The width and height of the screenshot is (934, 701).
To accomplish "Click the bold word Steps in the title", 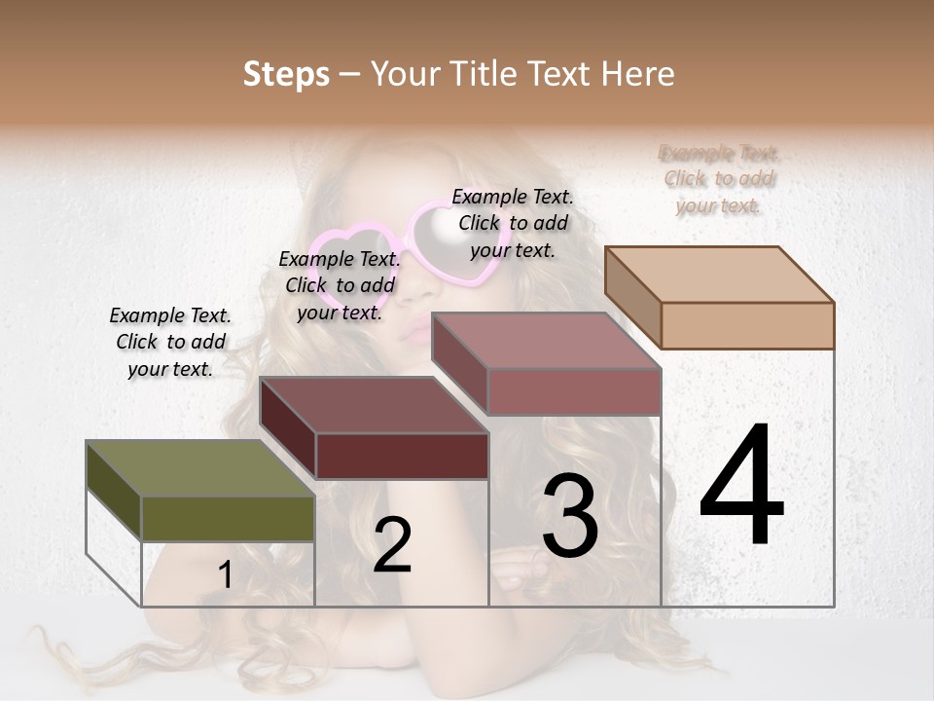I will pyautogui.click(x=286, y=74).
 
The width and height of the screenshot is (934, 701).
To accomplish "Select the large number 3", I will pyautogui.click(x=569, y=516).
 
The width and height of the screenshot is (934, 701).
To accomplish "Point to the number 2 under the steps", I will pyautogui.click(x=392, y=545).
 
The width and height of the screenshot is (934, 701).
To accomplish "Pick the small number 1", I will pyautogui.click(x=226, y=574).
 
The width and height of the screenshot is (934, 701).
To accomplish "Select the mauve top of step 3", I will pyautogui.click(x=546, y=341).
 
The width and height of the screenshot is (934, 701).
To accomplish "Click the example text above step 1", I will pyautogui.click(x=170, y=342).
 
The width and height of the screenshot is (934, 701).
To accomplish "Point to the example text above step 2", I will pyautogui.click(x=340, y=285).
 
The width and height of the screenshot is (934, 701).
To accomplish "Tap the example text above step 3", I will pyautogui.click(x=513, y=223).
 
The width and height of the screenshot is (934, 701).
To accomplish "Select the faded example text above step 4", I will pyautogui.click(x=719, y=179).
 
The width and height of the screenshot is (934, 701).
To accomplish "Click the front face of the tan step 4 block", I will pyautogui.click(x=747, y=325).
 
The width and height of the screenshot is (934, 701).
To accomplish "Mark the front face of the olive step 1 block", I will pyautogui.click(x=228, y=518).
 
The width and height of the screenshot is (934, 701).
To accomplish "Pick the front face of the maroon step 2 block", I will pyautogui.click(x=402, y=456).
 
